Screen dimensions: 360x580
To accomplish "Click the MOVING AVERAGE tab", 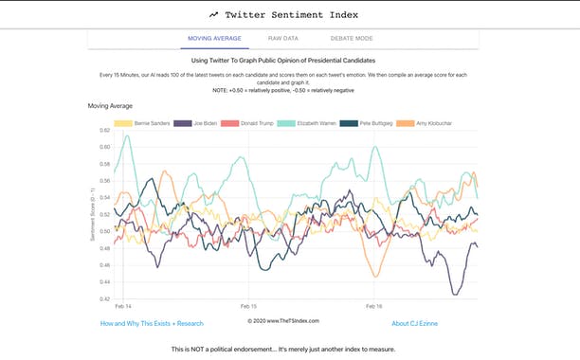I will coord(214,39).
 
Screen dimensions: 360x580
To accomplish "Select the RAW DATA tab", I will coord(282,39).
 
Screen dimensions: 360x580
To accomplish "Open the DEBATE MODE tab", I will coord(351,39).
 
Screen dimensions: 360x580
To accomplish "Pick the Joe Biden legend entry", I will coord(199,123).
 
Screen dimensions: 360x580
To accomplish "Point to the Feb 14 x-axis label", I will coord(122,307).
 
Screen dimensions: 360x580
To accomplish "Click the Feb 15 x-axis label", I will coord(248,307).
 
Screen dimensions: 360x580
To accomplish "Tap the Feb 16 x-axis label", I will coord(373,307).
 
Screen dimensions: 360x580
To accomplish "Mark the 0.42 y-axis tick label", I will coord(104,299).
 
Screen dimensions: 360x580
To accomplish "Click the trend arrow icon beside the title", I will coord(215,15).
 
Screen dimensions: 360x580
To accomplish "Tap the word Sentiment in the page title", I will coord(304,15).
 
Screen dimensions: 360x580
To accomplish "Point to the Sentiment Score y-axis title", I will coord(92,215).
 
